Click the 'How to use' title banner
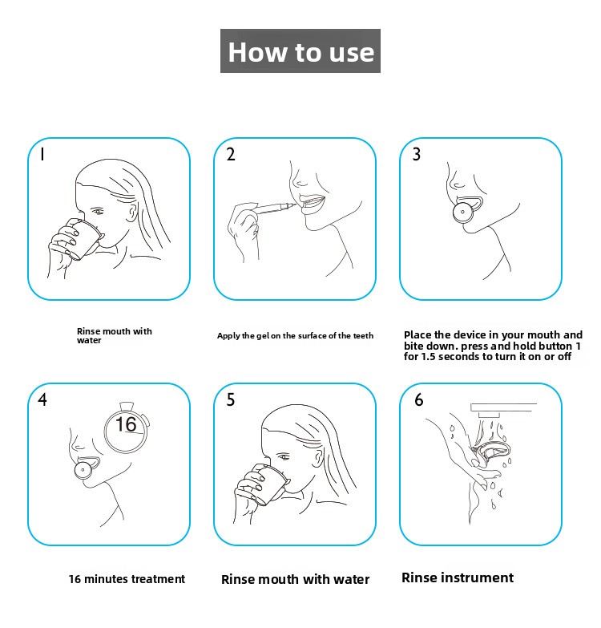tap(300, 51)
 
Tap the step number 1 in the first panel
tap(42, 154)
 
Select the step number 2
tap(231, 154)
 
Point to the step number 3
tap(417, 154)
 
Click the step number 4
tap(42, 399)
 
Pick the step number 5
tap(231, 399)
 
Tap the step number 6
tap(418, 399)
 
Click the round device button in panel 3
tap(463, 213)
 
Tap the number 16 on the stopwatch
tap(126, 424)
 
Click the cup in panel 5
tap(269, 485)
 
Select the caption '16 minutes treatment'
tap(127, 579)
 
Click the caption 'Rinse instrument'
tap(458, 577)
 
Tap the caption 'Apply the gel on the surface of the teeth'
tap(296, 335)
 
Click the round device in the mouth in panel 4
tap(83, 470)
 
